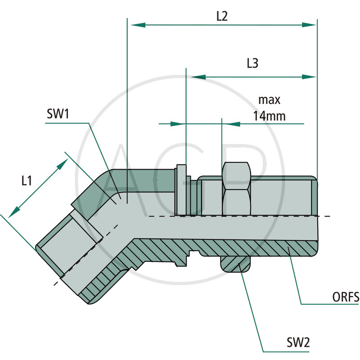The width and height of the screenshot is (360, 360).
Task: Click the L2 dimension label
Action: point(222,16)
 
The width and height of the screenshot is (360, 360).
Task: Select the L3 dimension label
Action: point(252,64)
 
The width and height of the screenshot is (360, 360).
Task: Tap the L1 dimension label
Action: point(27,181)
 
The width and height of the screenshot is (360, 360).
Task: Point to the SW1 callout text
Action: point(57,114)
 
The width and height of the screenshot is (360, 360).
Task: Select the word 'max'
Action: point(269,99)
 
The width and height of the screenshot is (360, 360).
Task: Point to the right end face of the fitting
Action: point(316,215)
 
